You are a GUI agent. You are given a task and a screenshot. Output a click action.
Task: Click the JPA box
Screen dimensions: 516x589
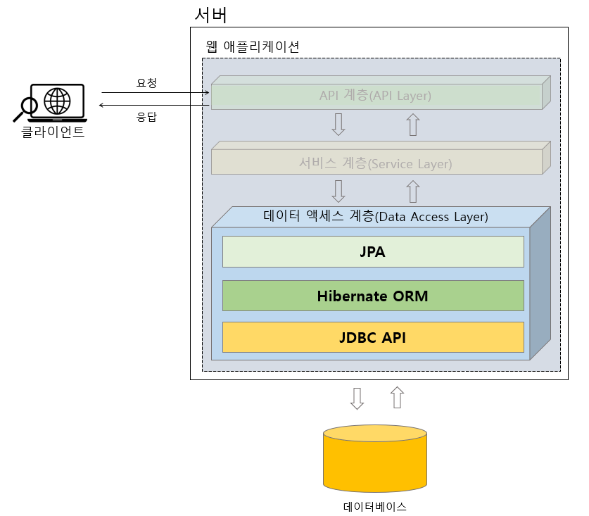[x=373, y=251]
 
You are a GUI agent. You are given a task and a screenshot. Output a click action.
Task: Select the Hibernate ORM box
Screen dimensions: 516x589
[x=373, y=296]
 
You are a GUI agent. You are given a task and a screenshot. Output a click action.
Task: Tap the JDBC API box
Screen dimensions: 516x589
[x=373, y=337]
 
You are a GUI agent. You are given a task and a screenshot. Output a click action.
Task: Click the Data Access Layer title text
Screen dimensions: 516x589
[x=375, y=217]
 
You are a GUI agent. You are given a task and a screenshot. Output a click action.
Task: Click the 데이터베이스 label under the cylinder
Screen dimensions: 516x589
[x=374, y=506]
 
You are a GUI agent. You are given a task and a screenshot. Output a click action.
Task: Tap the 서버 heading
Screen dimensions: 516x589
[x=210, y=14]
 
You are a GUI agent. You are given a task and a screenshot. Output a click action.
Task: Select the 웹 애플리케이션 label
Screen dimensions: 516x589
[x=252, y=46]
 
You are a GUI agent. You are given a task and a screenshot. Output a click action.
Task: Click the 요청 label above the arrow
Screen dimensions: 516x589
[x=146, y=82]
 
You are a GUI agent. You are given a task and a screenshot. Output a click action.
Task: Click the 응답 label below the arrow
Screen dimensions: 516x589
[x=146, y=117]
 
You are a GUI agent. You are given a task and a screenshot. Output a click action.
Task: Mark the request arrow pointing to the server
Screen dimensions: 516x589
[x=155, y=92]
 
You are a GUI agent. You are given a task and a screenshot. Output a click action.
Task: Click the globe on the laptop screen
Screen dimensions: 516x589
[x=57, y=100]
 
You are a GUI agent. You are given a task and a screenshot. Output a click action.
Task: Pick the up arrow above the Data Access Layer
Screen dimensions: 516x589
[x=413, y=191]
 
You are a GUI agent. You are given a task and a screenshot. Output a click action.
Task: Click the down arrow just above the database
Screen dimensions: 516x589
[x=357, y=398]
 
